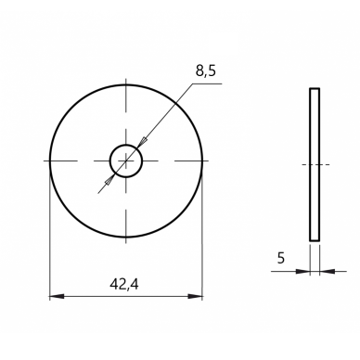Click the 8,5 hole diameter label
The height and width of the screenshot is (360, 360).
point(205,71)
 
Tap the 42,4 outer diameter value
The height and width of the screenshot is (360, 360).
point(124,285)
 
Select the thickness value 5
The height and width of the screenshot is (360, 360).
point(281,258)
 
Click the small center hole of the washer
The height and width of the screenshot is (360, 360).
point(126,161)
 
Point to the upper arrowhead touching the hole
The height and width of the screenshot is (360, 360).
point(142,143)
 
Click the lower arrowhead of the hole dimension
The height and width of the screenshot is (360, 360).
point(109,180)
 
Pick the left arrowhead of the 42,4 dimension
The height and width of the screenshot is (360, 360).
point(57,296)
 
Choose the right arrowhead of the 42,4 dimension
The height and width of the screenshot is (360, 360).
point(196,296)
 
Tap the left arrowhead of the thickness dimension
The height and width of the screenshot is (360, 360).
point(302,272)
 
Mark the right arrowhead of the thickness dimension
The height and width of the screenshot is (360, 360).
point(327,272)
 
